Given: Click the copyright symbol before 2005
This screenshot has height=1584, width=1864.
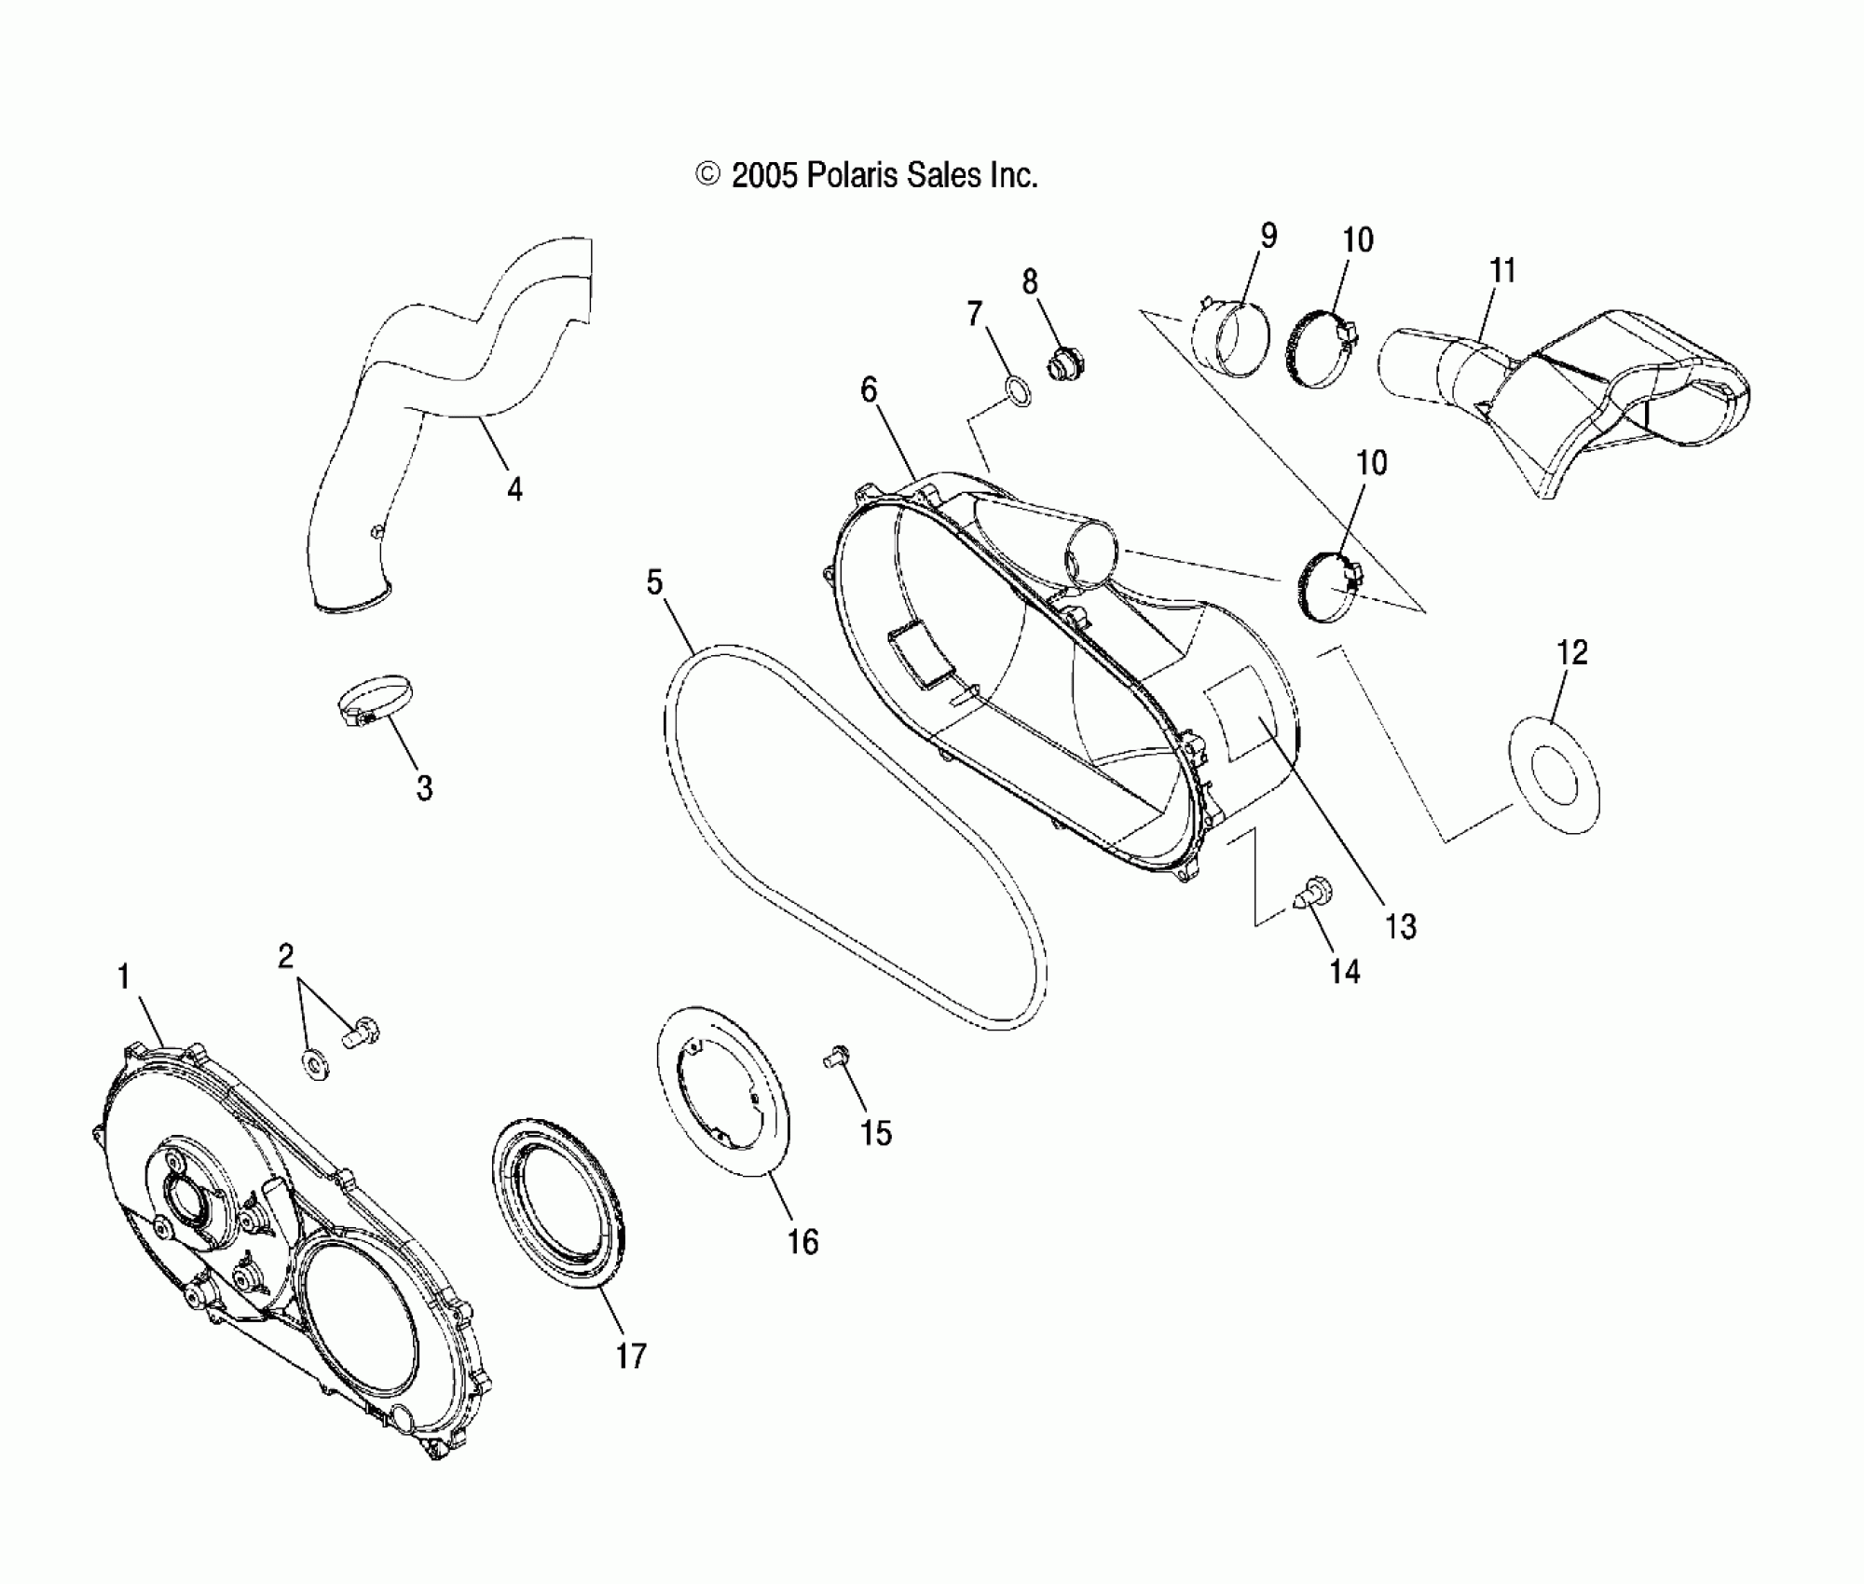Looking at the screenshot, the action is point(708,175).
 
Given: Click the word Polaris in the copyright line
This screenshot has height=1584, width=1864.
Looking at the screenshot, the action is point(850,175).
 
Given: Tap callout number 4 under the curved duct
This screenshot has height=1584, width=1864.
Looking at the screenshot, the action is point(514,488).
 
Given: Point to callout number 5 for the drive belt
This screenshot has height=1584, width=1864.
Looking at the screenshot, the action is point(654,583).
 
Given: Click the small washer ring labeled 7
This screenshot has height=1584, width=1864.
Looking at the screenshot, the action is point(1020,393).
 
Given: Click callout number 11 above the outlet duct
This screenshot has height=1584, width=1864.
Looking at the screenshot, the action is point(1501,271).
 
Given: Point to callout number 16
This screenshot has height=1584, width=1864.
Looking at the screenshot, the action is point(802,1241).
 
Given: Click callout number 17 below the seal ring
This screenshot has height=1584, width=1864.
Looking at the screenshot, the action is point(631,1356).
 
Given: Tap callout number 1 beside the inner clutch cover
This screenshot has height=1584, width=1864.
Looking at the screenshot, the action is point(123,977).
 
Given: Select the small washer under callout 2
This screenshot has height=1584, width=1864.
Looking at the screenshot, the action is point(314,1061).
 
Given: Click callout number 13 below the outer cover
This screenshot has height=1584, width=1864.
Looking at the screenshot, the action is point(1401,927).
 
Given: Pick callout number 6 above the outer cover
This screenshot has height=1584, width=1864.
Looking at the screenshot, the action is point(869,389).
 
